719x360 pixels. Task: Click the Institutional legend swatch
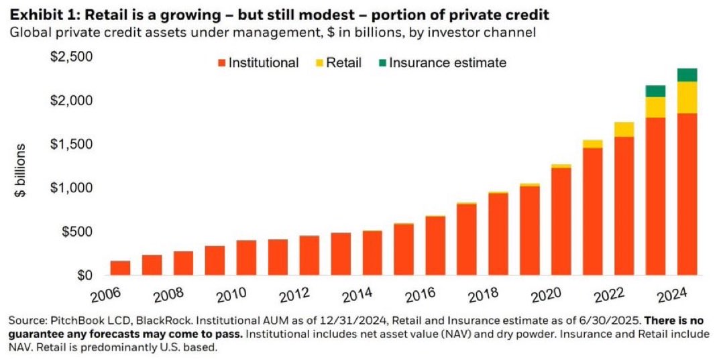pyautogui.click(x=221, y=63)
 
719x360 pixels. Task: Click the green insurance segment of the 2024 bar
pyautogui.click(x=687, y=74)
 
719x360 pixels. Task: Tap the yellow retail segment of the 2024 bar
pyautogui.click(x=687, y=97)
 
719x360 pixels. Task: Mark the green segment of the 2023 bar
pyautogui.click(x=655, y=91)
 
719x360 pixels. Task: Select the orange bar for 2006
pyautogui.click(x=120, y=268)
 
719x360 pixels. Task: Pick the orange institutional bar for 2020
pyautogui.click(x=561, y=221)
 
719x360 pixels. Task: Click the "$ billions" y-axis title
pyautogui.click(x=21, y=170)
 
